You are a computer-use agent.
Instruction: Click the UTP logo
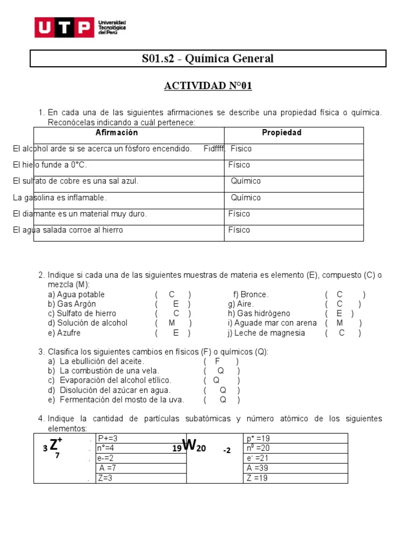tap(81, 27)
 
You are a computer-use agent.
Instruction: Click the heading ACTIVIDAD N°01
tap(208, 86)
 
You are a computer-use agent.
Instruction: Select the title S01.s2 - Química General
tap(208, 59)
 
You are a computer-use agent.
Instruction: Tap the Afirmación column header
tap(117, 133)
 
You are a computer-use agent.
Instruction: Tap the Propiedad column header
tap(281, 133)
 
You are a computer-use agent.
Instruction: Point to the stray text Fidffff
tap(215, 149)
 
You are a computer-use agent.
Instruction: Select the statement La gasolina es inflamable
tap(60, 197)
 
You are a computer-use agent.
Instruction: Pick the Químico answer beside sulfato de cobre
tap(246, 181)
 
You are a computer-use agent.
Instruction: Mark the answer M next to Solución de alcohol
tap(172, 323)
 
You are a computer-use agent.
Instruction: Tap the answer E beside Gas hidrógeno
tap(339, 314)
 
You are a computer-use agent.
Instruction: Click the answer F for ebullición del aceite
tap(218, 361)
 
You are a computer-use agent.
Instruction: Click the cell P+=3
tap(108, 439)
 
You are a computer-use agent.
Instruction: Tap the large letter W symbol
tap(188, 445)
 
